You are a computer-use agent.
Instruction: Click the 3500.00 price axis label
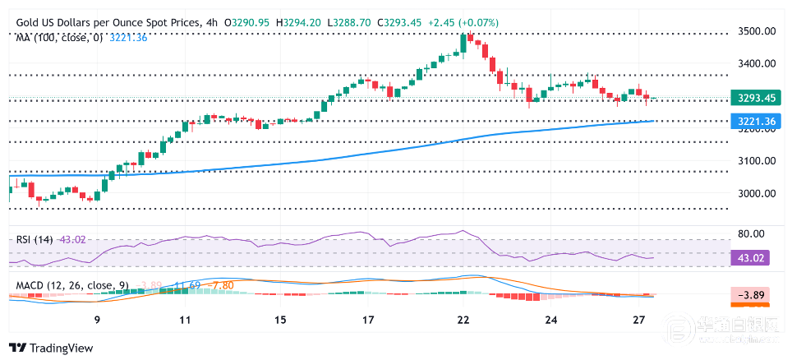(757, 31)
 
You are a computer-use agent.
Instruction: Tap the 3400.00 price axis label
(757, 63)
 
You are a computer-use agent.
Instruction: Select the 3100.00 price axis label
(757, 161)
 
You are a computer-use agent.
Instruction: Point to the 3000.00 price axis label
(757, 194)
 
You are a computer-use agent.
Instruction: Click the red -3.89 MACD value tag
(752, 293)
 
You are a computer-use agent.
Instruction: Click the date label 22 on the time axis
(463, 320)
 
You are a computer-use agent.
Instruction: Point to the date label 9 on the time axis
(97, 320)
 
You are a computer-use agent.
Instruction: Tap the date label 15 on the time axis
(280, 320)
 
